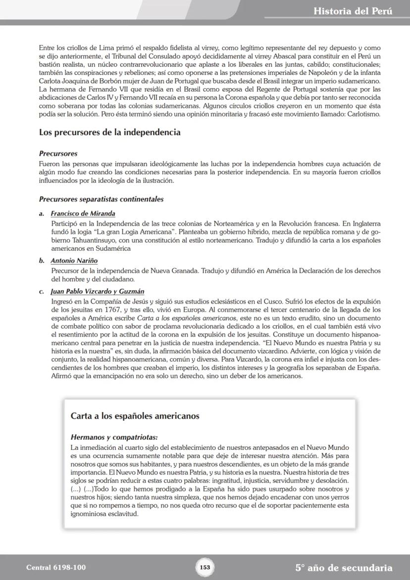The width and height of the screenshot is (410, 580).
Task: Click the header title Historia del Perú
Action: [x=353, y=11]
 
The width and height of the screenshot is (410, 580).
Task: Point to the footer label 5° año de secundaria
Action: [x=344, y=568]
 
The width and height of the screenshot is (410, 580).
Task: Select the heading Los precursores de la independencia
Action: [x=109, y=133]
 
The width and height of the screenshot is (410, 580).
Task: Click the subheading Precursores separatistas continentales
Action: [x=101, y=199]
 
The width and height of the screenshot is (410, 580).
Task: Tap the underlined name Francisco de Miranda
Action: [x=83, y=213]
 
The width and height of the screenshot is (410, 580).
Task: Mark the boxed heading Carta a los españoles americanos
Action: [x=135, y=416]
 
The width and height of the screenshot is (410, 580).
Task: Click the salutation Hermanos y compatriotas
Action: [x=114, y=437]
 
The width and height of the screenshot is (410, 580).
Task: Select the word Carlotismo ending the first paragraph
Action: [x=362, y=114]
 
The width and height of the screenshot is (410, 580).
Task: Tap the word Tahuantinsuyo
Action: [x=74, y=241]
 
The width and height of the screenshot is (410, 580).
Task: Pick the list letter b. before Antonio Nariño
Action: [x=42, y=261]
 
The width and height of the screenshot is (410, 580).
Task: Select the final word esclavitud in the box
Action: [x=121, y=514]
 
